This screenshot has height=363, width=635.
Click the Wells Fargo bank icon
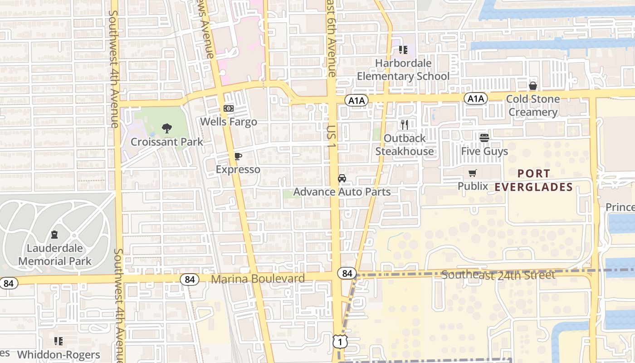click(x=228, y=109)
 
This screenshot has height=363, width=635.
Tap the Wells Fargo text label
click(x=229, y=122)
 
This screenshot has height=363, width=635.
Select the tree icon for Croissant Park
click(x=167, y=128)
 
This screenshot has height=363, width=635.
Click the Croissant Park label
click(x=167, y=142)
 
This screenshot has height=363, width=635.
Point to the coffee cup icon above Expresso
click(x=238, y=157)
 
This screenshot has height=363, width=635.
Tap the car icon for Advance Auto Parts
click(x=342, y=178)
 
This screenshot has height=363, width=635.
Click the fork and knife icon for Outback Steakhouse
click(x=405, y=125)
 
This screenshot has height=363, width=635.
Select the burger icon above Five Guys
click(x=484, y=137)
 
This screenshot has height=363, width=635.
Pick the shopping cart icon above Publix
click(x=473, y=173)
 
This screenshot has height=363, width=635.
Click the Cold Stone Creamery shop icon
click(x=533, y=86)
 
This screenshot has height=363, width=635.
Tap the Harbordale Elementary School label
click(x=403, y=69)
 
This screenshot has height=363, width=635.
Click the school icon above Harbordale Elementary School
click(x=403, y=49)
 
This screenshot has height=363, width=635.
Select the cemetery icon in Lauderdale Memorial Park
click(x=55, y=235)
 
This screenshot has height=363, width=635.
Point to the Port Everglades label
click(x=534, y=180)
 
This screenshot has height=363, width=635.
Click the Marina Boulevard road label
click(x=258, y=279)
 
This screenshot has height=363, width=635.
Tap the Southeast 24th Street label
click(x=498, y=275)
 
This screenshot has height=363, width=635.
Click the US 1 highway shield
click(x=340, y=341)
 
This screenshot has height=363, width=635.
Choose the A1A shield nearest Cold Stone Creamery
click(x=475, y=98)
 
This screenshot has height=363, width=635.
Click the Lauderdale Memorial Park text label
click(x=55, y=255)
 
